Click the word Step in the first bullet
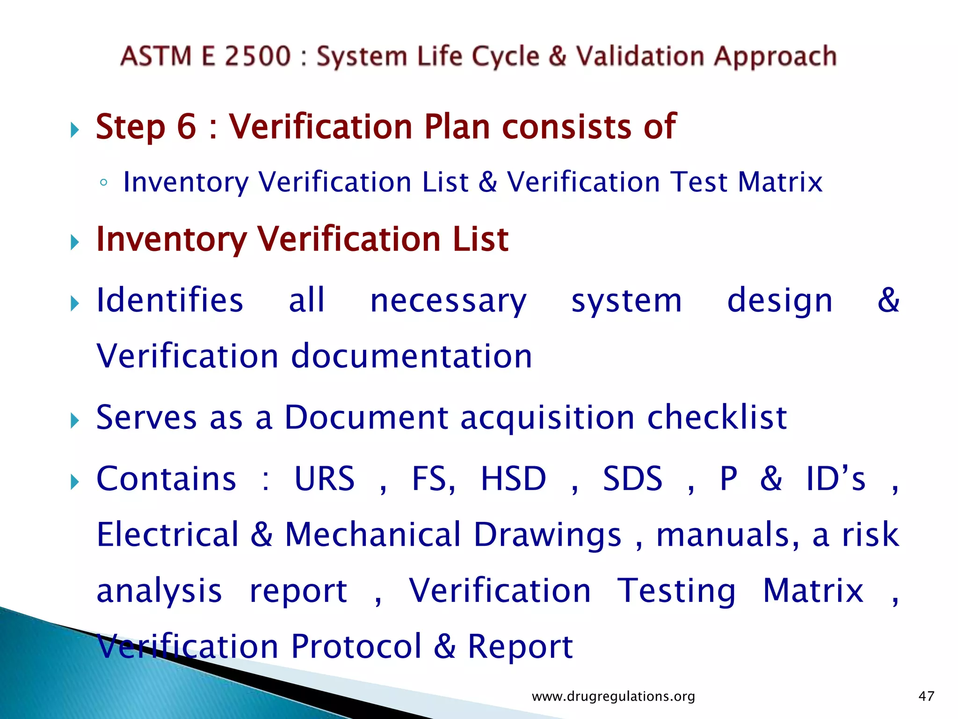point(131,127)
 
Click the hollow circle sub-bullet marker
point(104,183)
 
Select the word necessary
point(448,301)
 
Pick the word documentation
point(412,356)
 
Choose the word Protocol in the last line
point(356,646)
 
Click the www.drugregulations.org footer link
point(613,697)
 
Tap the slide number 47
point(926,697)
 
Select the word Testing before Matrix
point(676,591)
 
